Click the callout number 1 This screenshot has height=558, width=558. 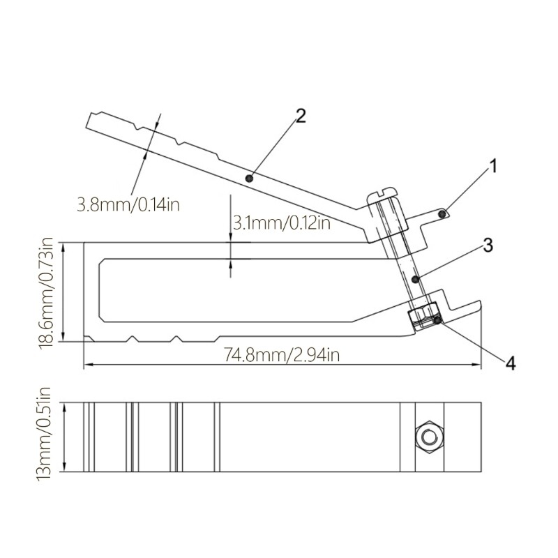[x=492, y=166]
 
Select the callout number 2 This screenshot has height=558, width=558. [x=300, y=115]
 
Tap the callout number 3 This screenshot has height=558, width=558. [x=488, y=245]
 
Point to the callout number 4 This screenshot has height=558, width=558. [x=510, y=363]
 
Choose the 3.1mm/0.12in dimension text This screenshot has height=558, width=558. [x=280, y=223]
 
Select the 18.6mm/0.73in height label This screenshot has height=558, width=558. [x=47, y=292]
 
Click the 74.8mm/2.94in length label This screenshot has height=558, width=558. [x=282, y=355]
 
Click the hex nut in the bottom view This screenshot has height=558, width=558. [x=427, y=437]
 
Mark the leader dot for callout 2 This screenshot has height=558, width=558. [x=250, y=179]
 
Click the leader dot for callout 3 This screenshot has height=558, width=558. [x=415, y=279]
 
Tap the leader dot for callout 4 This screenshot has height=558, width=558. [x=437, y=320]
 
